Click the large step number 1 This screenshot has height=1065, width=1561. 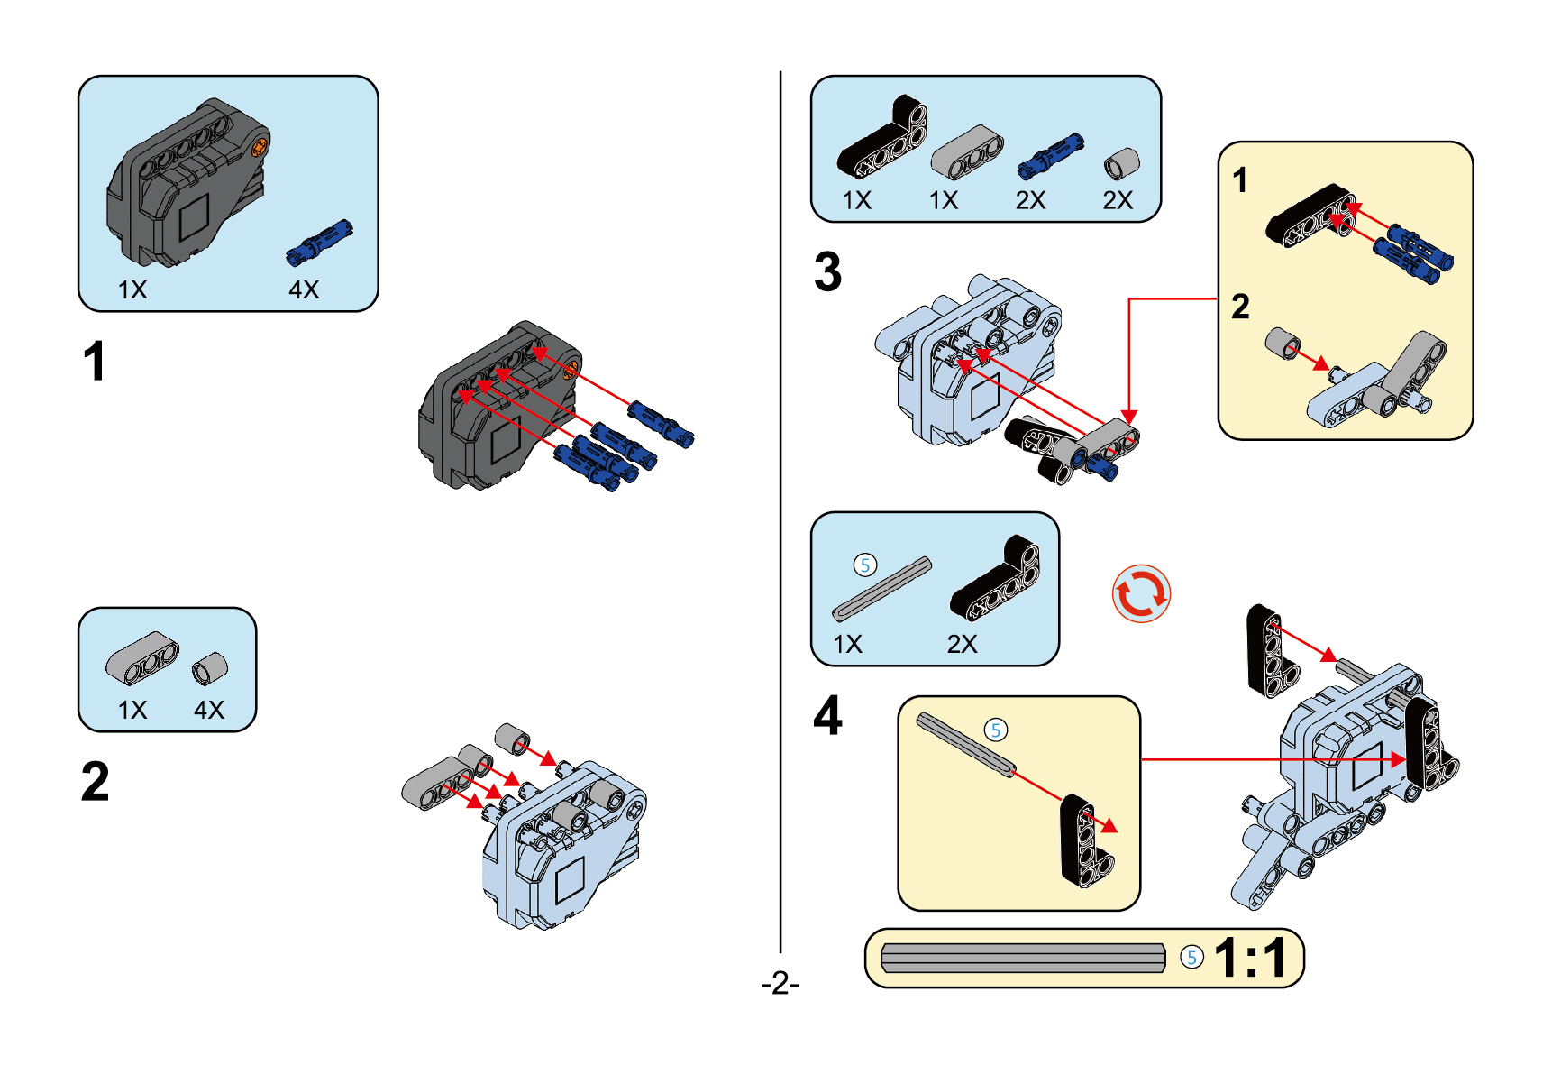[94, 362]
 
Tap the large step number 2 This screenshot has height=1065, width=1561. [95, 781]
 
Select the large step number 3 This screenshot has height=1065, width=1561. [827, 271]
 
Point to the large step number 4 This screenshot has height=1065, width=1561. [827, 716]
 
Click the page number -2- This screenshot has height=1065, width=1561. [780, 982]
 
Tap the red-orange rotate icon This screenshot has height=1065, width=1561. [1141, 594]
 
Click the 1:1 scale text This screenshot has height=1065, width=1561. [1250, 958]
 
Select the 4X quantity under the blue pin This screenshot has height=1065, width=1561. [304, 289]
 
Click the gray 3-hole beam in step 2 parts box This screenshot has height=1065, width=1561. [142, 656]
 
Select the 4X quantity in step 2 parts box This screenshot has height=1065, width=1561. [209, 710]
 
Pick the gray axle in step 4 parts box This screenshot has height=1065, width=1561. [881, 590]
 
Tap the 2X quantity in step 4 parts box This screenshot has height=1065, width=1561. [962, 644]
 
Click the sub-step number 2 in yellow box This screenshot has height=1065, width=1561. [1240, 307]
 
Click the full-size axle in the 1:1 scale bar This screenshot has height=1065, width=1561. [1022, 958]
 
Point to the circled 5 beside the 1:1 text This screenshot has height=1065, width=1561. [1191, 958]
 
